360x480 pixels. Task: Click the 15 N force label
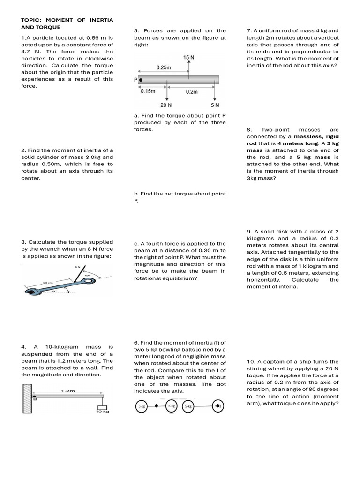189,57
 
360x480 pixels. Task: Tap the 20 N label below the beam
166,105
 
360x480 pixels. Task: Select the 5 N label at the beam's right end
215,105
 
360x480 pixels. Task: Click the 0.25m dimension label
164,67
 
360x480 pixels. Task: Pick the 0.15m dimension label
148,91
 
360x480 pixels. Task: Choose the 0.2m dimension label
192,92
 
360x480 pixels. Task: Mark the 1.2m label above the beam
68,390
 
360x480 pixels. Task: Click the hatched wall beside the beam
27,398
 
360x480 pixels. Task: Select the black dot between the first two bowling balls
157,406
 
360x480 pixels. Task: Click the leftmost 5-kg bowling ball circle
141,406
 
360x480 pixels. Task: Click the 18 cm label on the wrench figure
48,283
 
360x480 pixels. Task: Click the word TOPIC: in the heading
31,20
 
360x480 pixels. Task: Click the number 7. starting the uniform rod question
249,31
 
